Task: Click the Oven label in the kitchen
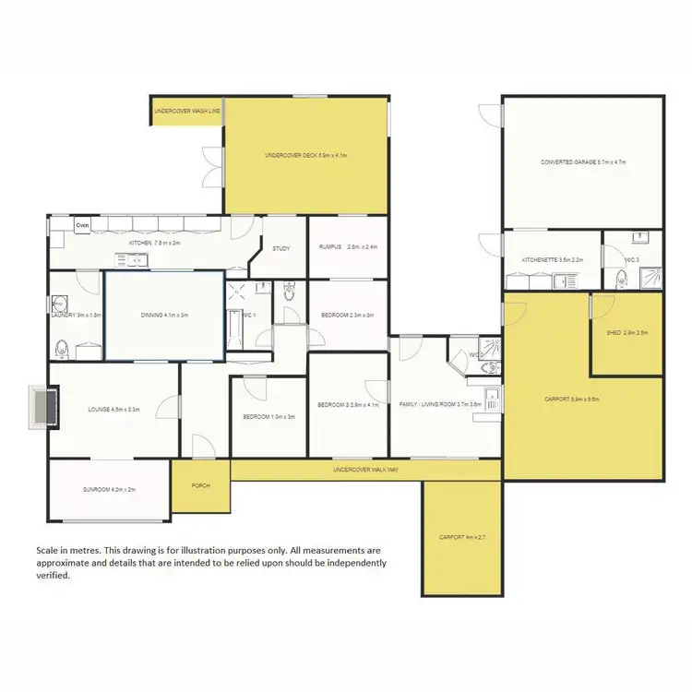[x=82, y=224]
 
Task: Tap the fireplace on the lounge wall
[x=42, y=407]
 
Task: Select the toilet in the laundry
[x=62, y=350]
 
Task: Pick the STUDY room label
[x=280, y=247]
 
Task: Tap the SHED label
[x=625, y=333]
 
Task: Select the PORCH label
[x=200, y=484]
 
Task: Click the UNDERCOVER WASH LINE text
[x=187, y=111]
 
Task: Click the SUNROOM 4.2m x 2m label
[x=109, y=490]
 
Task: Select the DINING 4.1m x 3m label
[x=164, y=315]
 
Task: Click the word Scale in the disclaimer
[x=47, y=549]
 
